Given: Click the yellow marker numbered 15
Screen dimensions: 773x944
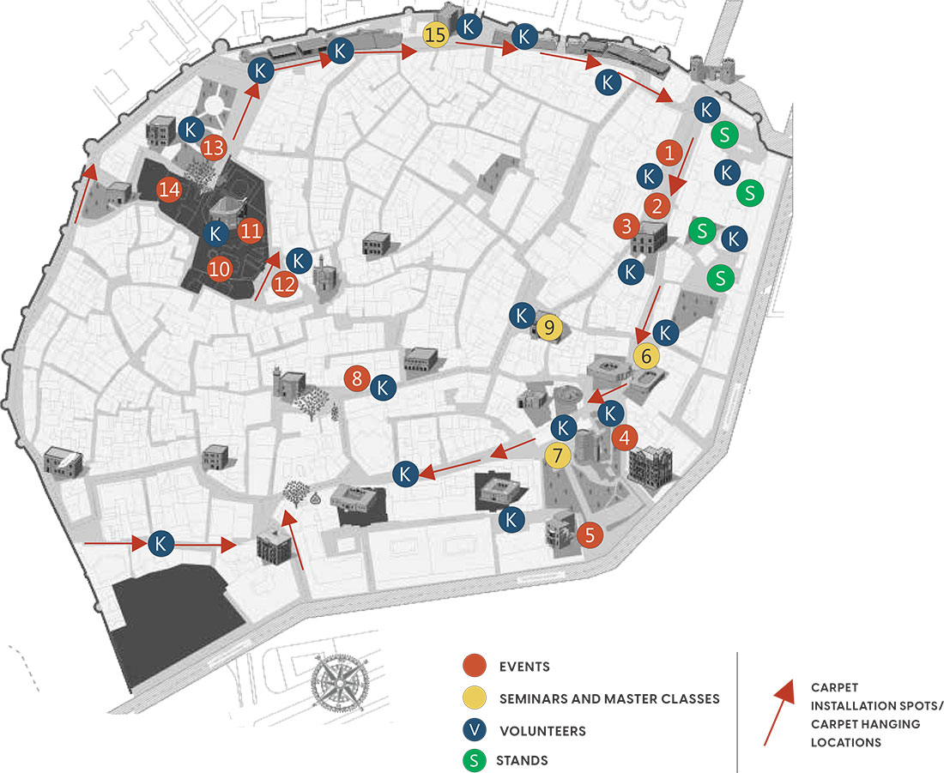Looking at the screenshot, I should coord(436,36).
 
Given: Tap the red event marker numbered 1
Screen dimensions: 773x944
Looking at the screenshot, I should coord(669,153).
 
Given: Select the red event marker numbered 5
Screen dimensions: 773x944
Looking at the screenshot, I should coord(590,534).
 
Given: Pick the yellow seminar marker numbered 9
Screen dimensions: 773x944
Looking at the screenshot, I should coord(549,327).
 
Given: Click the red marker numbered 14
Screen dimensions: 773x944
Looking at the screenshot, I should coord(169,190).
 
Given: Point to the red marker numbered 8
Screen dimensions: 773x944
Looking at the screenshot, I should coord(357,377).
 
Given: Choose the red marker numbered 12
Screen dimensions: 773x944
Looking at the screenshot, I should coord(284,284).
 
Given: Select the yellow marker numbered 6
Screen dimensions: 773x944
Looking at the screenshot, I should coord(647,354).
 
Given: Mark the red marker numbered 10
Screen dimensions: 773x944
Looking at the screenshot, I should coord(220,269).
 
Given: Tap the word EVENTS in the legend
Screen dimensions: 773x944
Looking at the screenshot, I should coord(523,667).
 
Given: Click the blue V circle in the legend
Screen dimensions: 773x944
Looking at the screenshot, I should coord(473,730).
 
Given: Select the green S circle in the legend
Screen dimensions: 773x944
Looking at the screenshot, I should coord(473,760).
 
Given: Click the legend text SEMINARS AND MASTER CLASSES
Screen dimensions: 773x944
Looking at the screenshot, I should coord(608,698).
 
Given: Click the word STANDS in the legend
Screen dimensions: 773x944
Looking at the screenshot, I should coord(522,760).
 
